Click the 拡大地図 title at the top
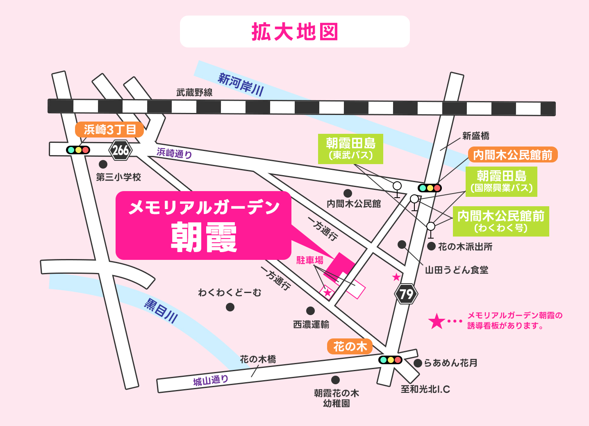[295, 32]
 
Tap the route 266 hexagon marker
[121, 150]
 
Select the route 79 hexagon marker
[406, 294]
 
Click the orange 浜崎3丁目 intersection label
[109, 130]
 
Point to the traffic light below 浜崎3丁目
[78, 150]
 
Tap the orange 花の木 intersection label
[350, 347]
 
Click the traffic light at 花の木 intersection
[390, 360]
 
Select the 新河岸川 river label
[241, 84]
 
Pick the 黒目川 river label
[161, 311]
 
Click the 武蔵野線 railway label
[194, 92]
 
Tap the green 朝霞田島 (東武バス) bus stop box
[350, 149]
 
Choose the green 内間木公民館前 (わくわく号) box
[500, 221]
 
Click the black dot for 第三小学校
[103, 164]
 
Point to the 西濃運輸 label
[311, 325]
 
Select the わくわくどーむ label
[230, 293]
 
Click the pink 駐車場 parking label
[310, 260]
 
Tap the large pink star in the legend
[437, 321]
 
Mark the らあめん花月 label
[450, 363]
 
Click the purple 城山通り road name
[211, 381]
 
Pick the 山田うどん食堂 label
[457, 270]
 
